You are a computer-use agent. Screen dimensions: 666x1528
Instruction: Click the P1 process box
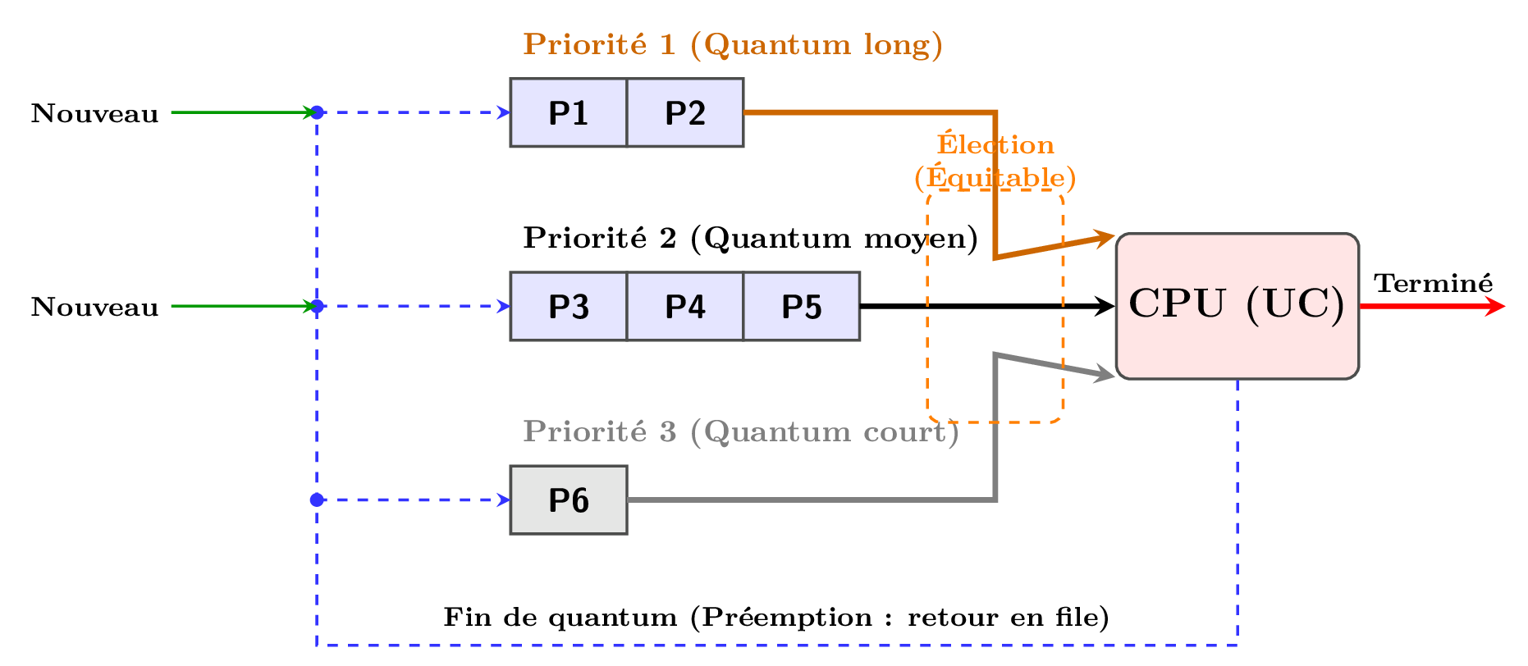[x=568, y=113]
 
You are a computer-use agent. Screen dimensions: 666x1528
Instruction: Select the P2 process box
[x=685, y=113]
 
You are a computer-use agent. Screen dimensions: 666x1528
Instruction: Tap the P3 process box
[x=568, y=307]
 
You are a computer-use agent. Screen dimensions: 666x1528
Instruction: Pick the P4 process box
[x=685, y=307]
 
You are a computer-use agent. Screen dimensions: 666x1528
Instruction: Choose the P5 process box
[x=802, y=307]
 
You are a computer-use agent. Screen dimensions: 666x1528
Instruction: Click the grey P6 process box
[x=568, y=500]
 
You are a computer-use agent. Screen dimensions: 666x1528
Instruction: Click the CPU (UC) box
[x=1237, y=306]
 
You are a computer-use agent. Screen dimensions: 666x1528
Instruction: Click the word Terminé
[x=1433, y=283]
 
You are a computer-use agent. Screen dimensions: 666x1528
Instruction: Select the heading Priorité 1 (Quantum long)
[x=732, y=44]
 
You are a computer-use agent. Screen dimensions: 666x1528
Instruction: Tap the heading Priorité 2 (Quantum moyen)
[x=750, y=238]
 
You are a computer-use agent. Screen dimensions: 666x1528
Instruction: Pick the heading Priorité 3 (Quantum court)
[x=740, y=431]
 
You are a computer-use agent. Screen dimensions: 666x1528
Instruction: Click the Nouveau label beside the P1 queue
[x=94, y=113]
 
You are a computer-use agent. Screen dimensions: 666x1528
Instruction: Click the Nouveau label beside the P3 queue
[x=94, y=307]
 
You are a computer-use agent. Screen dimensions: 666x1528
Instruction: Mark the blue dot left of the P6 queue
[x=317, y=500]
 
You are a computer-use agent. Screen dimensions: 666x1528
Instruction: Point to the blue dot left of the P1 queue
[x=317, y=112]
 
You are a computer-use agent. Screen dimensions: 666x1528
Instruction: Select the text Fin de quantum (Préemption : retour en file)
[x=775, y=617]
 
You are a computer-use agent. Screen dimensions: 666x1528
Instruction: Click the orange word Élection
[x=995, y=145]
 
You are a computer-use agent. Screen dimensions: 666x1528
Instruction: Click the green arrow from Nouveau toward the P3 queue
[x=242, y=307]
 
